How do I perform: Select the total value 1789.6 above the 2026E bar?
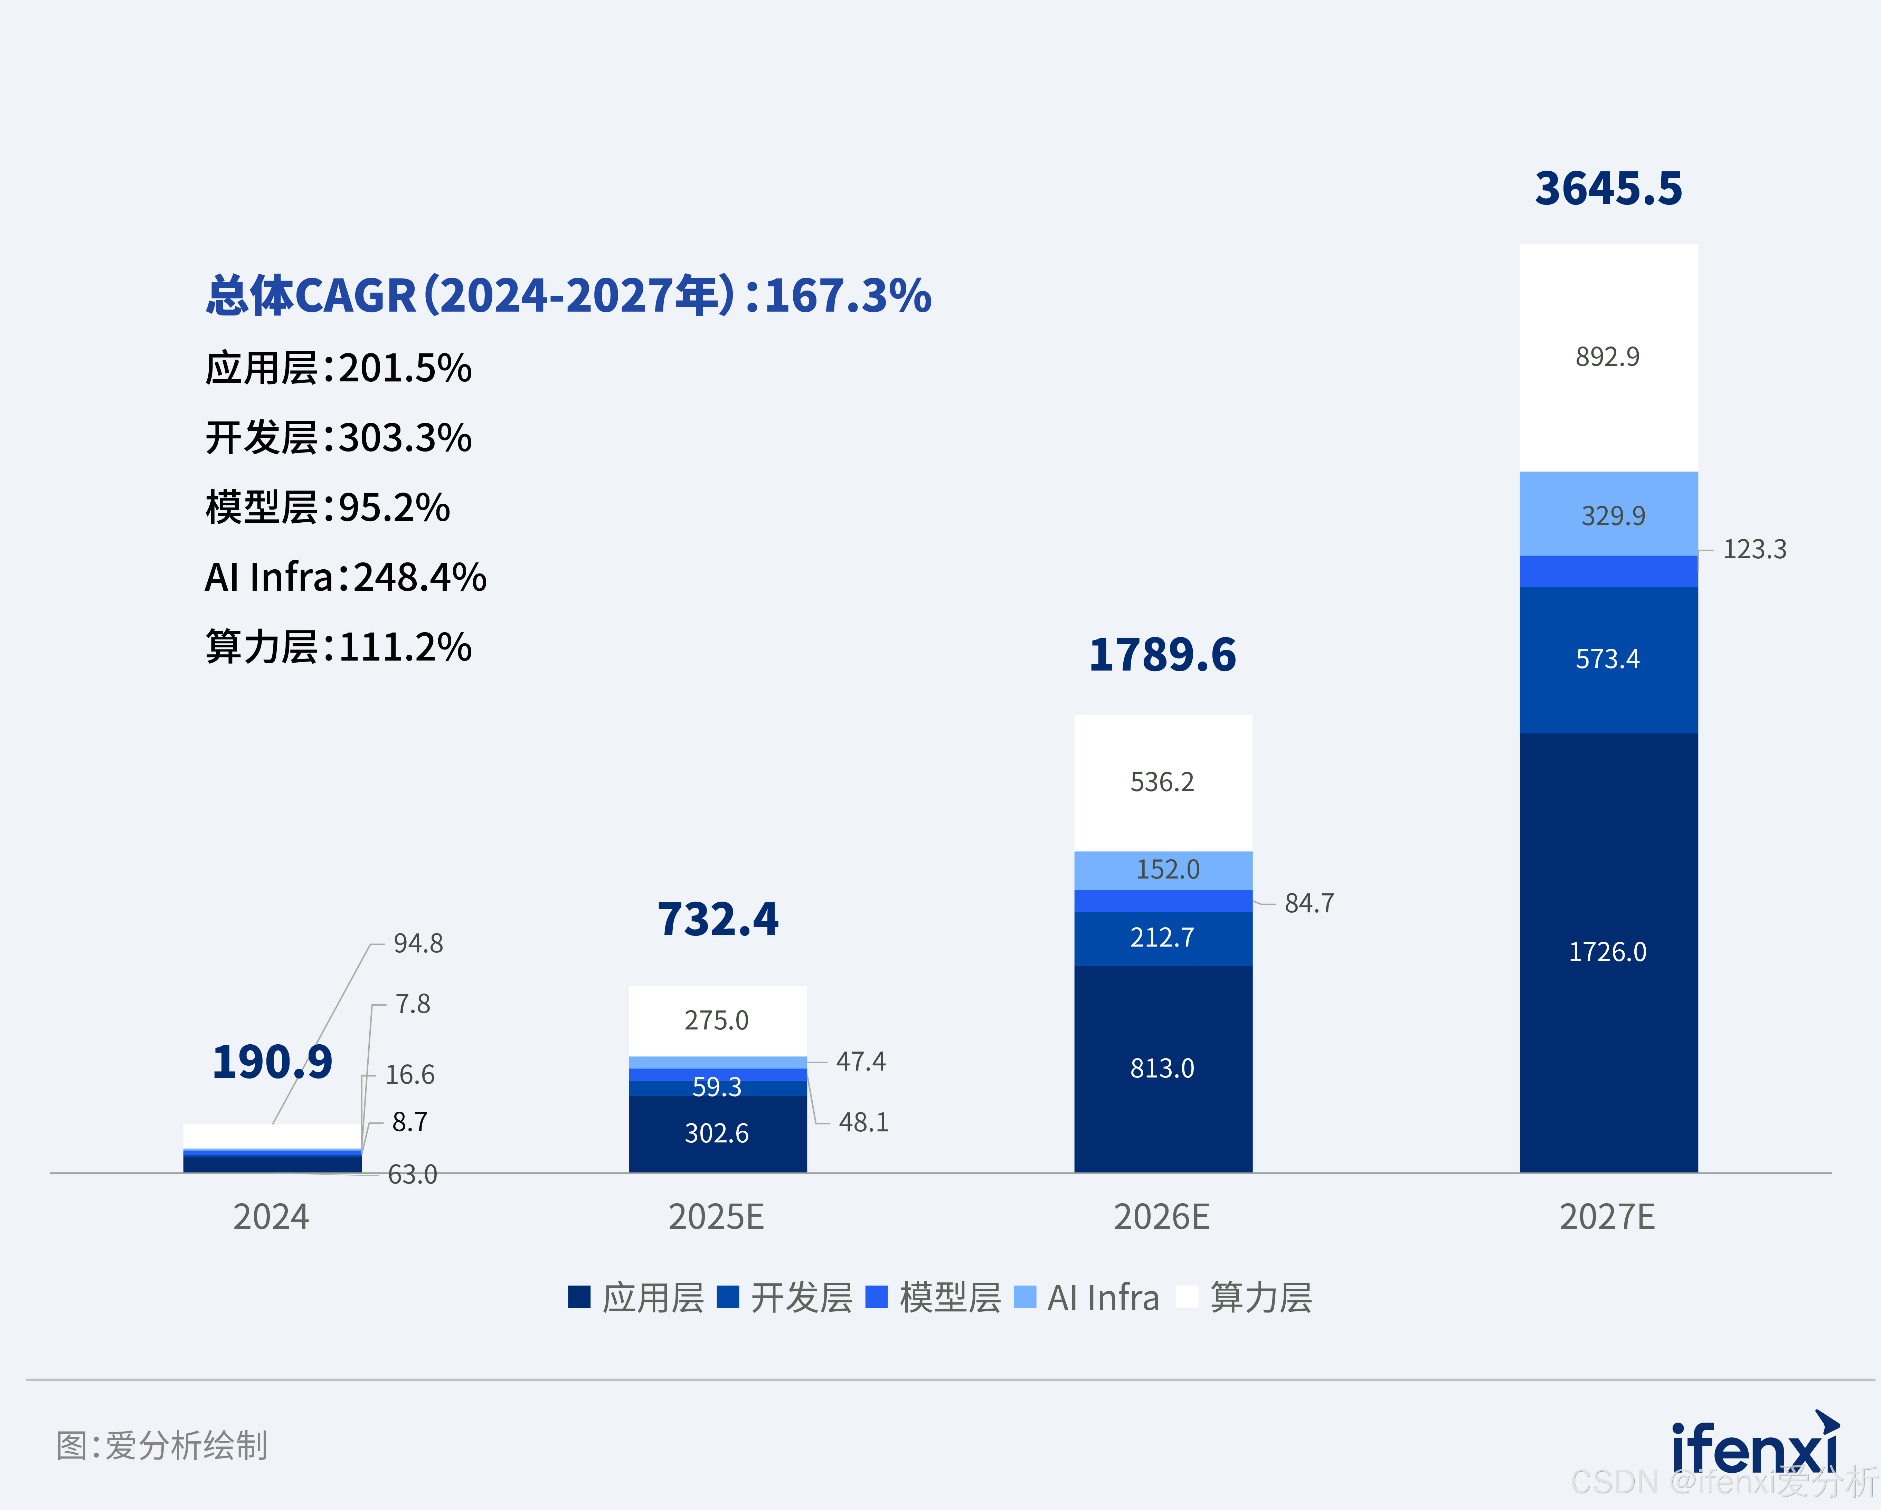point(1162,655)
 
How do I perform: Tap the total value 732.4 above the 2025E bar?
point(717,919)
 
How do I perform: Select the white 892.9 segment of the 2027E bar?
point(1608,357)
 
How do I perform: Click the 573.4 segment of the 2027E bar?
point(1608,658)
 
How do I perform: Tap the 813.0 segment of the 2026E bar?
point(1162,1068)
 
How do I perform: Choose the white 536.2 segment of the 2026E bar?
point(1162,782)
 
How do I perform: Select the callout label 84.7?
point(1309,903)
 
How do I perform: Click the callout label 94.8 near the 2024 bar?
point(418,943)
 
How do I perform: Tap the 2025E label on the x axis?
point(716,1217)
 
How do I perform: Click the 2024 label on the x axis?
point(271,1217)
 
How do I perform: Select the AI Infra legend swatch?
point(1025,1297)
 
